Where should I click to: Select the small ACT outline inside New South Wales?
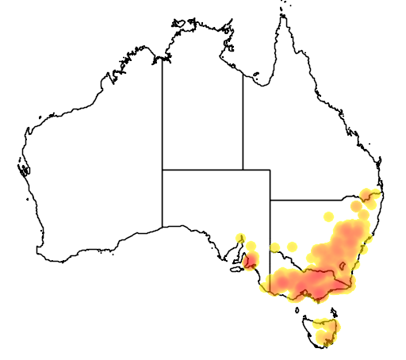coord(343,263)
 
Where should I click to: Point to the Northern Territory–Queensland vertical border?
coord(243,119)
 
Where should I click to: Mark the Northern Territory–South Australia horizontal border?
coord(202,169)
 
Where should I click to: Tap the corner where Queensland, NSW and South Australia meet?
coord(270,200)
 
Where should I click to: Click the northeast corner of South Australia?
coord(270,169)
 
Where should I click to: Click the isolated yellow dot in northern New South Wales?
coord(329,215)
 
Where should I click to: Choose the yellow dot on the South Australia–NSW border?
coord(274,247)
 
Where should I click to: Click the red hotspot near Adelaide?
coord(251,260)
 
